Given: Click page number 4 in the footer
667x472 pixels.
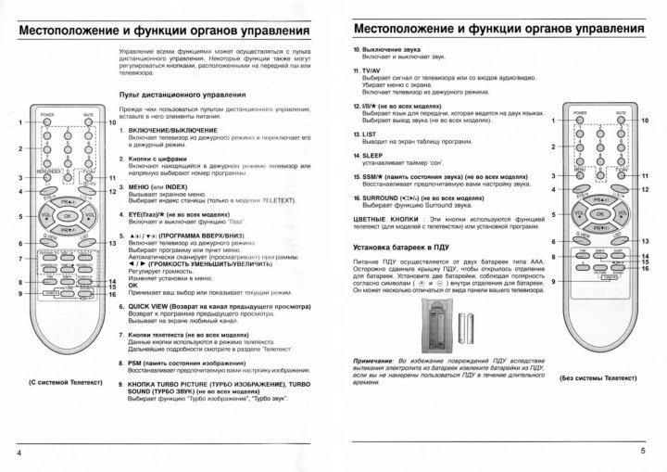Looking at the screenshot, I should (x=19, y=452).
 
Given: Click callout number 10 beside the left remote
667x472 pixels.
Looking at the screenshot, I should (x=112, y=122).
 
